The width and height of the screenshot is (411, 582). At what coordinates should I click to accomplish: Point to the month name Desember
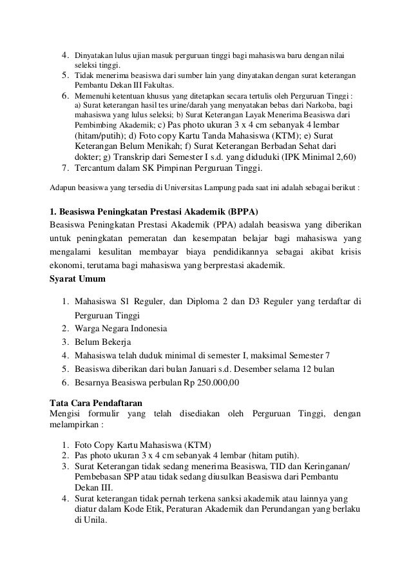point(278,369)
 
